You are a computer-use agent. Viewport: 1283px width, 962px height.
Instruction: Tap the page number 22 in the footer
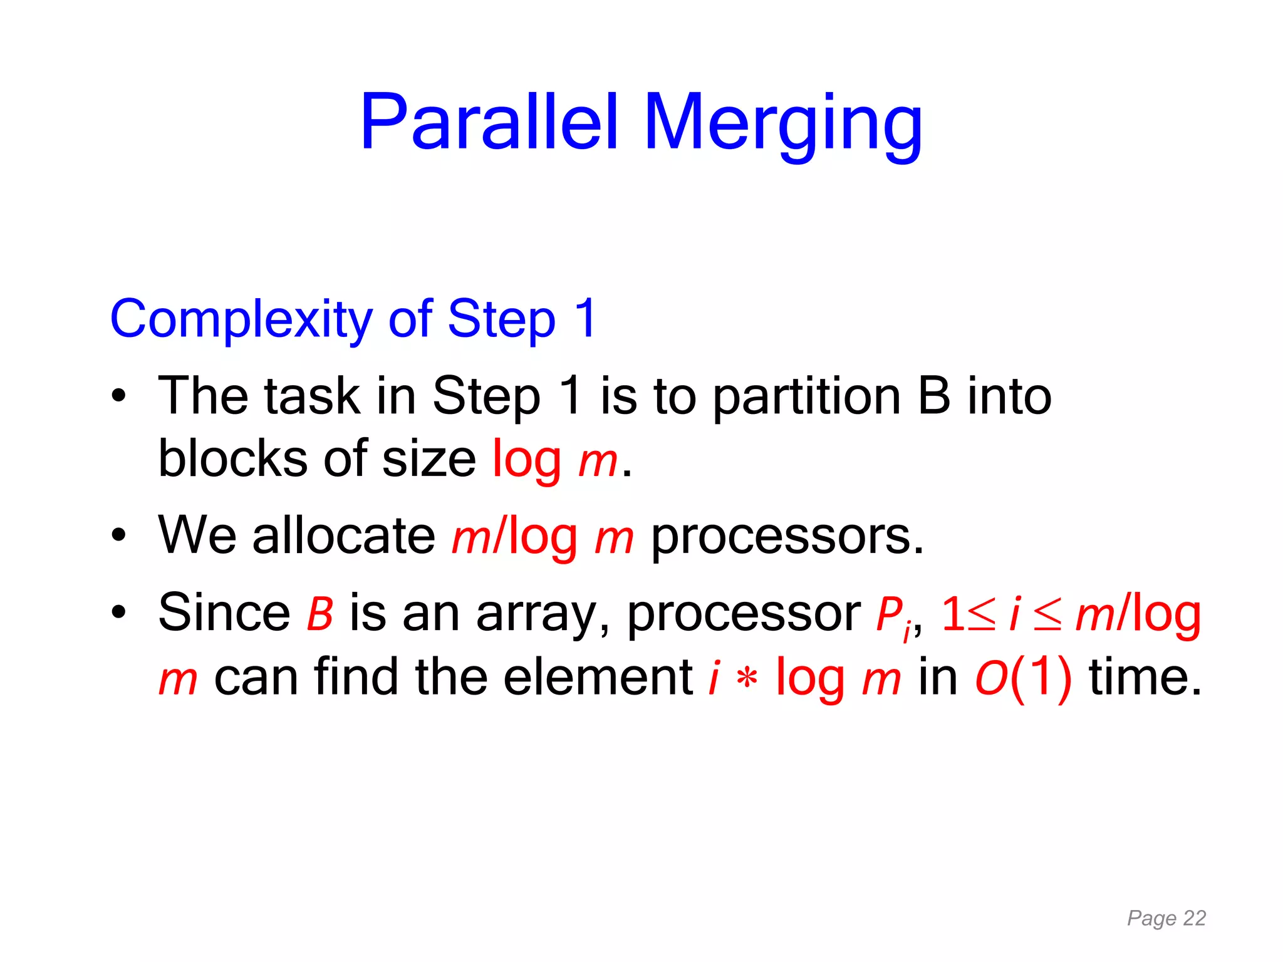pos(1194,918)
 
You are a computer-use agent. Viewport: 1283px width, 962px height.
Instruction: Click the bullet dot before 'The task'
pos(118,396)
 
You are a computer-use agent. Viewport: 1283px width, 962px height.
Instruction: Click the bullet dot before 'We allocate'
pos(118,536)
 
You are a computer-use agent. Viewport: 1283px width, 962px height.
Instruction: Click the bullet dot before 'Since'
pos(118,613)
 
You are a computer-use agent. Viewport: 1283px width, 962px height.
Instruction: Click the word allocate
pos(343,536)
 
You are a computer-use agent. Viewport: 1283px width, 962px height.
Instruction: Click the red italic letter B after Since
pos(319,614)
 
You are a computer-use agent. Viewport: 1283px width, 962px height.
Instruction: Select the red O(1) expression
pos(1023,678)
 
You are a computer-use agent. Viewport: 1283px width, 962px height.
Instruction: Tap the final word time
pos(1145,677)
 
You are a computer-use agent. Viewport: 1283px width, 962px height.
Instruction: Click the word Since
pos(224,613)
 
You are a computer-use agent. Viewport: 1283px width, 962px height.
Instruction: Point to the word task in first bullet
pos(311,396)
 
